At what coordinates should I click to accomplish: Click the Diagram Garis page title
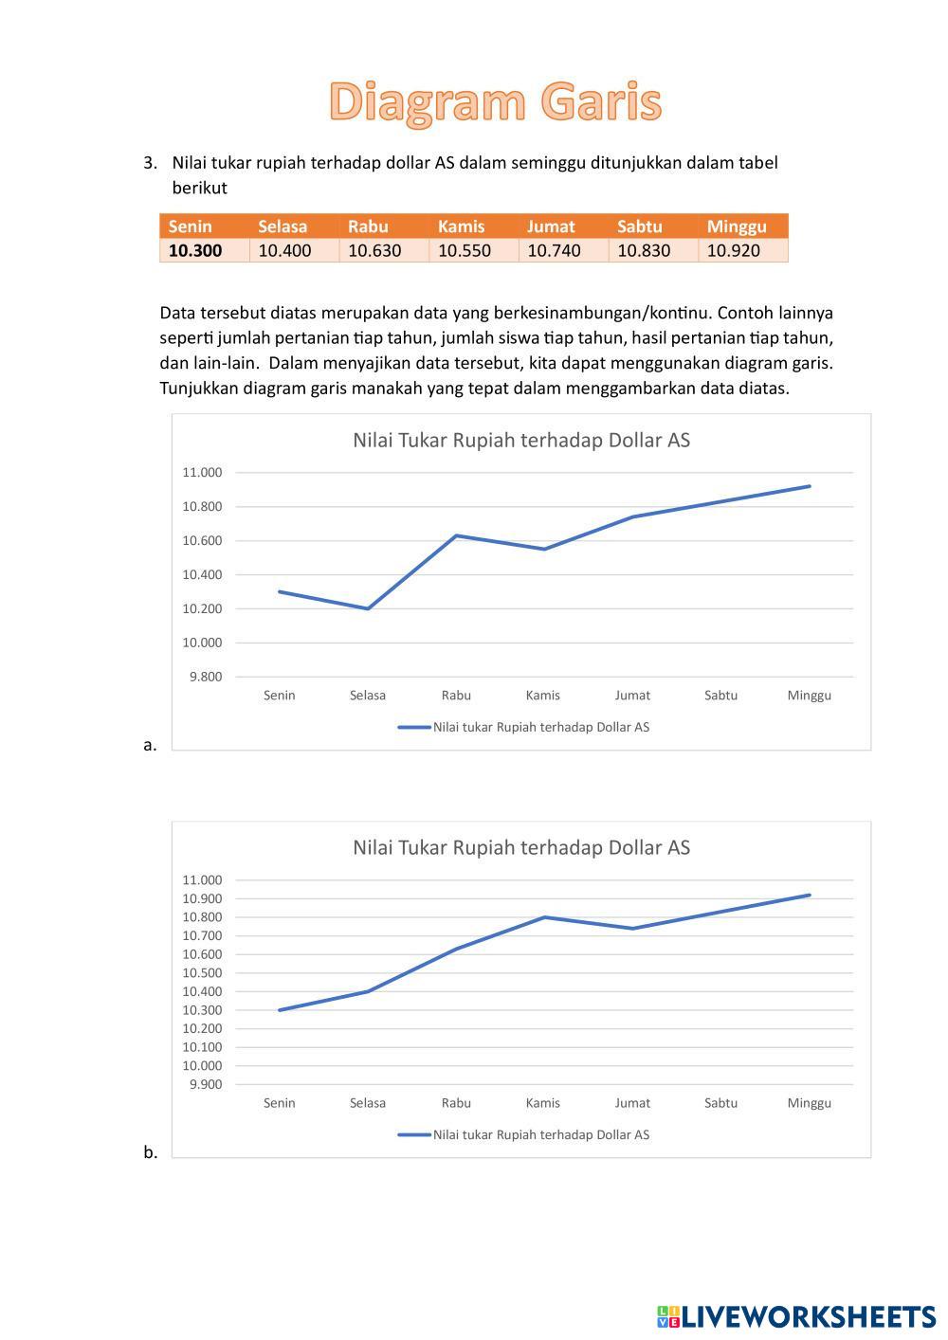(495, 102)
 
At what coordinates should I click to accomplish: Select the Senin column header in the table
(191, 226)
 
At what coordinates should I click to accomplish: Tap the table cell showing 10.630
(374, 251)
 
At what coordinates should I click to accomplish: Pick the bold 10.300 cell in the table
(195, 251)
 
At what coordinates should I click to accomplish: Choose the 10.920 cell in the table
(734, 251)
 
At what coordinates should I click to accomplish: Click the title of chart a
(521, 440)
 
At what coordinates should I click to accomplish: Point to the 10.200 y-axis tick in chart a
(202, 608)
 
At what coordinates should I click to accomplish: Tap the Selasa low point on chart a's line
(368, 608)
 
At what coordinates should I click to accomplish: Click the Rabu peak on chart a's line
(456, 535)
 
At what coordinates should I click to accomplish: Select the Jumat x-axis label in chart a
(632, 696)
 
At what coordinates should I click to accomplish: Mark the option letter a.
(150, 745)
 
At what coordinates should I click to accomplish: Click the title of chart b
(521, 847)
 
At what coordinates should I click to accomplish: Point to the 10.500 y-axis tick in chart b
(202, 972)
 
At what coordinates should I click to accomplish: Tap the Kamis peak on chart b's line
(544, 916)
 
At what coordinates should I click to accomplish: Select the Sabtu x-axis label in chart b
(720, 1103)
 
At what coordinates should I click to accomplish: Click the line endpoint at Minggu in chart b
(810, 895)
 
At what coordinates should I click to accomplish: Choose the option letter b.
(150, 1152)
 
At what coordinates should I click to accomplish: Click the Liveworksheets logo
(795, 1316)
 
